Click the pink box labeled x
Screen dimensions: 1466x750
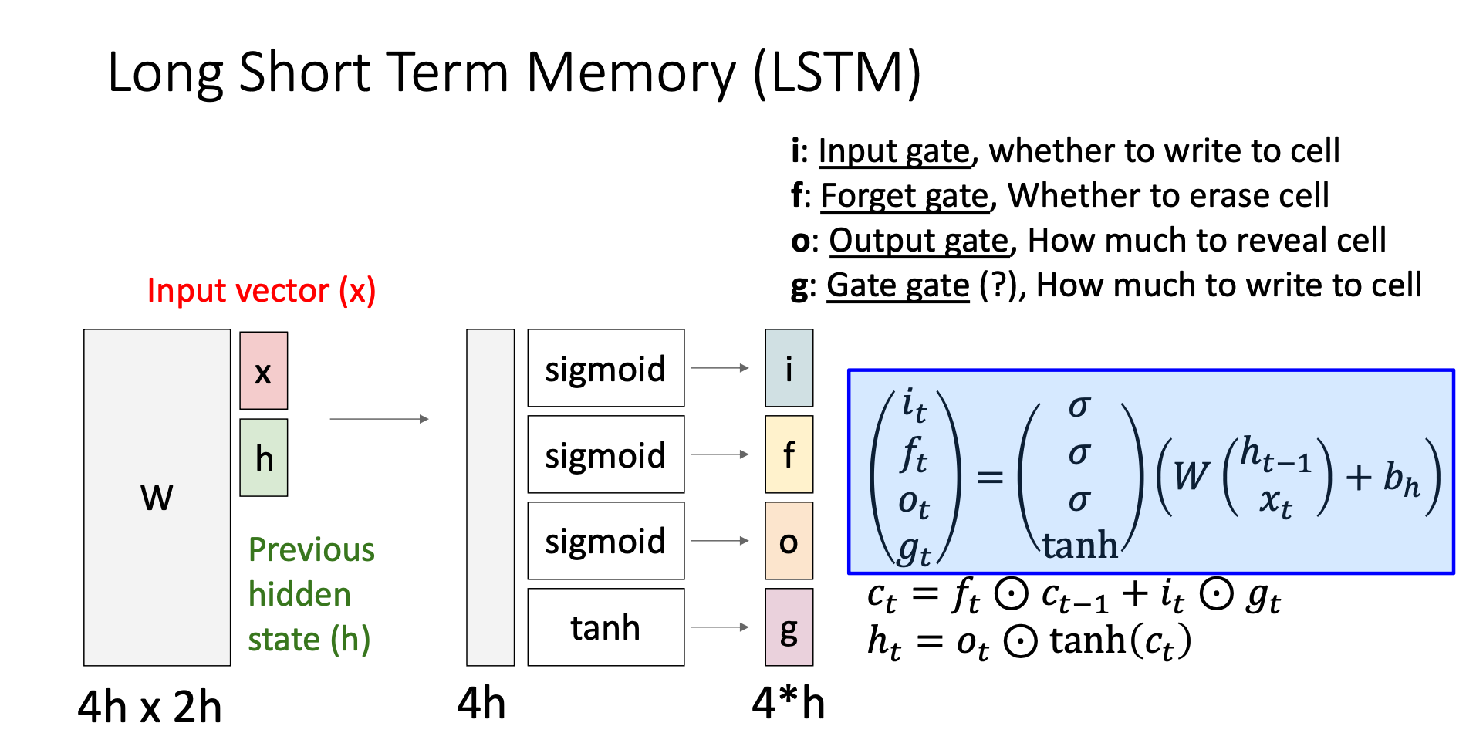(263, 370)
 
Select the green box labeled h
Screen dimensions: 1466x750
(263, 458)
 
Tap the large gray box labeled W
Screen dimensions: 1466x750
(157, 498)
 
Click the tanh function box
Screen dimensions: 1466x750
(606, 627)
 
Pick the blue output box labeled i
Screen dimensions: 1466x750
(789, 368)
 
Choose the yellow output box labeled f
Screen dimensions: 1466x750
(789, 454)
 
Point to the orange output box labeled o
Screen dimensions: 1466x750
(789, 541)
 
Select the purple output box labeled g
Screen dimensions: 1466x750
(789, 627)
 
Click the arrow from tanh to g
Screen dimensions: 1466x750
(720, 627)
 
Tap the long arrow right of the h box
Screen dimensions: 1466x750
(379, 419)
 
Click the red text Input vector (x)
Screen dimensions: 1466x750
(262, 291)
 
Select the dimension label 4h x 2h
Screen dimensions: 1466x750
(150, 706)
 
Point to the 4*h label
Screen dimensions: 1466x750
(789, 703)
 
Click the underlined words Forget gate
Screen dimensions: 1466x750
(904, 196)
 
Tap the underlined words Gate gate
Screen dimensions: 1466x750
(898, 285)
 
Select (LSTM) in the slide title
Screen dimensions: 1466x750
(837, 73)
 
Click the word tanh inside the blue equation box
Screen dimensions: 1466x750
(1080, 545)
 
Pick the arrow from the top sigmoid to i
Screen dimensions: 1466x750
(720, 368)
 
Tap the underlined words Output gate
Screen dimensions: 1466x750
(919, 241)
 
